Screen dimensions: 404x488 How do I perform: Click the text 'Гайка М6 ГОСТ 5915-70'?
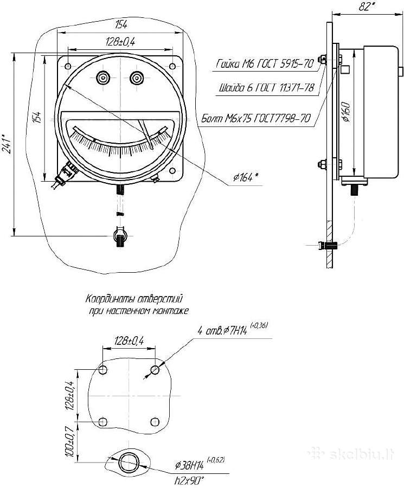click(265, 64)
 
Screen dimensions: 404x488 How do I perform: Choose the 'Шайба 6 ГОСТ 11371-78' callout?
click(266, 88)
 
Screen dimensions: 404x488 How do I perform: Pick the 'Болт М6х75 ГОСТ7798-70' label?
click(256, 118)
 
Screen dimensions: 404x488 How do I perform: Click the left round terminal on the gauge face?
click(102, 78)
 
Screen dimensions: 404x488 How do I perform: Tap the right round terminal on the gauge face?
click(136, 78)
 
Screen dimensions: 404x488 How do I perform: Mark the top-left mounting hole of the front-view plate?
click(68, 66)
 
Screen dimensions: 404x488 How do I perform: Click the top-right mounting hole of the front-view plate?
click(172, 66)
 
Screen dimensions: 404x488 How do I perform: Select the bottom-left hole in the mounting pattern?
click(102, 422)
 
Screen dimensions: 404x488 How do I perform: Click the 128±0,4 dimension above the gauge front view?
click(120, 42)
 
